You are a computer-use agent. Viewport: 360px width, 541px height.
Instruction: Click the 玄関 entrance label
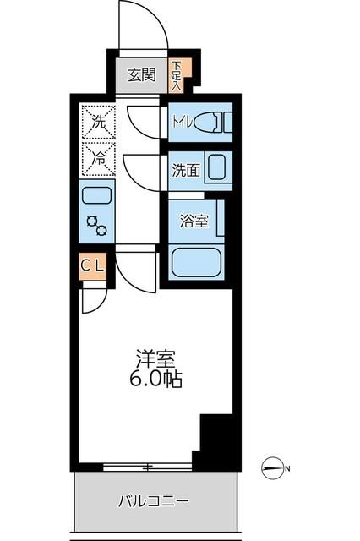click(142, 75)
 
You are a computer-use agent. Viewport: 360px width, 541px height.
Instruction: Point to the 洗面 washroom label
click(186, 169)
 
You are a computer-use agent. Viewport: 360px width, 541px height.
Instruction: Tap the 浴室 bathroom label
click(194, 221)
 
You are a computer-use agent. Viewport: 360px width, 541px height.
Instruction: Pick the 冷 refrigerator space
click(97, 157)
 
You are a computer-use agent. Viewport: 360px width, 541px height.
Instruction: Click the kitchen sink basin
click(96, 196)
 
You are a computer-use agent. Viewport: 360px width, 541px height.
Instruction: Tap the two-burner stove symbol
click(96, 226)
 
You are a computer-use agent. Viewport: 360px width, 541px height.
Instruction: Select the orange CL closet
click(93, 266)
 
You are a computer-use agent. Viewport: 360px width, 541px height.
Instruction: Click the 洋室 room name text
click(155, 358)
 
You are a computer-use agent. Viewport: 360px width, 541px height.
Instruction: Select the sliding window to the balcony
click(147, 466)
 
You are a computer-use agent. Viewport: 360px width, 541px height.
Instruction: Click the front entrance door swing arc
click(144, 25)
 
